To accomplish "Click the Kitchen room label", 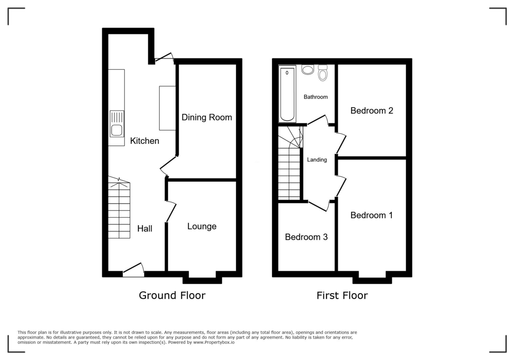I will pyautogui.click(x=145, y=141).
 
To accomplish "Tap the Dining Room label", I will pyautogui.click(x=206, y=117).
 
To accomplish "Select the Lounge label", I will pyautogui.click(x=202, y=226).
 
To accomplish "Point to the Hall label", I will pyautogui.click(x=145, y=228).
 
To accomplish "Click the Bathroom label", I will pyautogui.click(x=316, y=97).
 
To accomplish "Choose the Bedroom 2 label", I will pyautogui.click(x=372, y=111).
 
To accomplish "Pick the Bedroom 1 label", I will pyautogui.click(x=371, y=215).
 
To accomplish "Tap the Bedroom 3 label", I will pyautogui.click(x=306, y=237).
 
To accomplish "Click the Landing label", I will pyautogui.click(x=317, y=160).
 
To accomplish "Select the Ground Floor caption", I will pyautogui.click(x=172, y=295).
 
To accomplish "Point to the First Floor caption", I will pyautogui.click(x=342, y=295).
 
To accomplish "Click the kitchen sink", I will pyautogui.click(x=117, y=125).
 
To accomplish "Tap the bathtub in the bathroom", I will pyautogui.click(x=287, y=94).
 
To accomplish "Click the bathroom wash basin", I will pyautogui.click(x=308, y=69).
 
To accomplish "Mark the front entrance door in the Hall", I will pyautogui.click(x=133, y=270).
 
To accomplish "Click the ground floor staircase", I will pyautogui.click(x=119, y=210).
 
